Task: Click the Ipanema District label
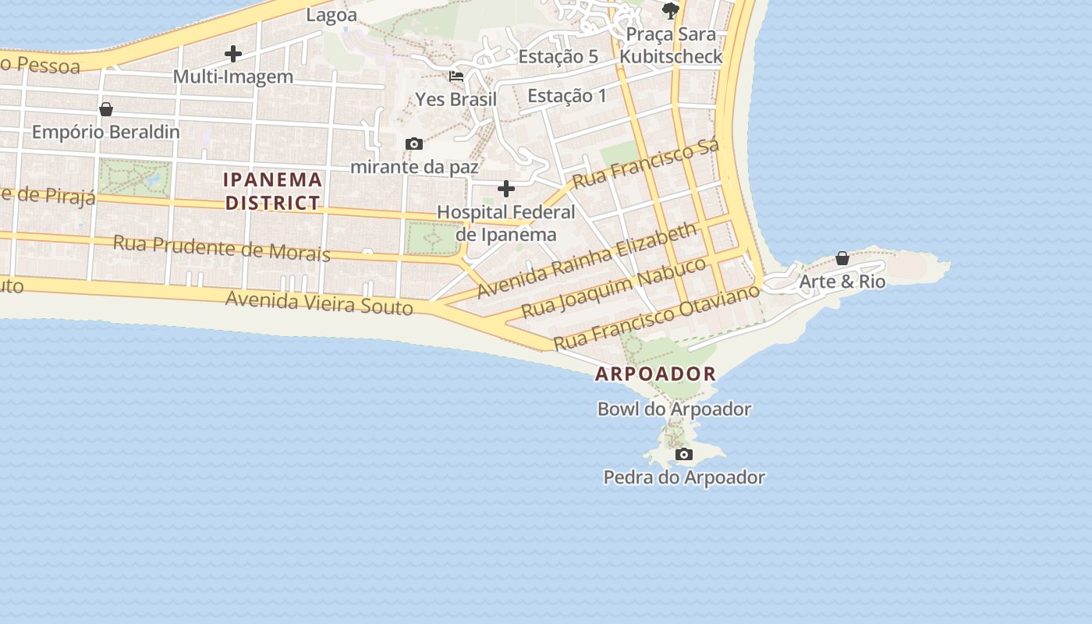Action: click(x=273, y=191)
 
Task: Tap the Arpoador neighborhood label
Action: click(x=655, y=374)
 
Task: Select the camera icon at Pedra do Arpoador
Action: click(x=684, y=454)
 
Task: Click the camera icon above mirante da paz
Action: click(x=414, y=144)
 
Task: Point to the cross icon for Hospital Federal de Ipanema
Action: click(x=506, y=189)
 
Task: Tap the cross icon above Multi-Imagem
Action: click(x=232, y=54)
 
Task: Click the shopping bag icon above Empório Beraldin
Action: click(x=106, y=109)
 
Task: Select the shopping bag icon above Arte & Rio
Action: click(x=842, y=258)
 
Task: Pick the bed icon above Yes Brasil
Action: click(x=456, y=76)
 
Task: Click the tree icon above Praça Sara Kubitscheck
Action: click(x=670, y=10)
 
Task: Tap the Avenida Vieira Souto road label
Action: click(x=319, y=302)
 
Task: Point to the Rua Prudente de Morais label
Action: click(x=222, y=248)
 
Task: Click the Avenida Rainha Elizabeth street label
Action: click(x=587, y=260)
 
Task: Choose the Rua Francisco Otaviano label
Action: click(x=656, y=318)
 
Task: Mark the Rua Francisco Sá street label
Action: click(x=645, y=165)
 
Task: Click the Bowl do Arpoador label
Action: click(x=674, y=409)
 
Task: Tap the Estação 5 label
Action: click(x=558, y=56)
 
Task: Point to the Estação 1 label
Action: click(x=567, y=96)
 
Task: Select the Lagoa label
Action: click(x=331, y=15)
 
